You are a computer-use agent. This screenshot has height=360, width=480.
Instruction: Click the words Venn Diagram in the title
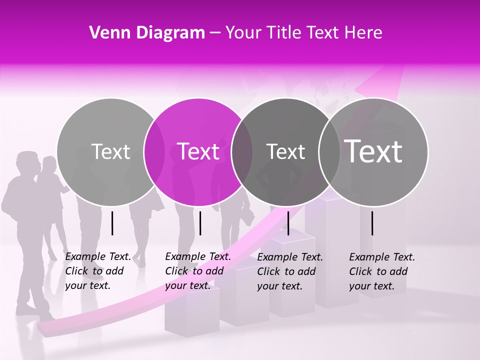coord(147,33)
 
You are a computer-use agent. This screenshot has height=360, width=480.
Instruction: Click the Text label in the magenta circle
coord(198,151)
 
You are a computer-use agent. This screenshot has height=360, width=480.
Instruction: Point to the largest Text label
coord(373,151)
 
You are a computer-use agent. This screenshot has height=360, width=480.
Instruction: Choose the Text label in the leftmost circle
coord(110,151)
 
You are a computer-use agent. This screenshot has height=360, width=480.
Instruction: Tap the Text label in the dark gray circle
coord(285,151)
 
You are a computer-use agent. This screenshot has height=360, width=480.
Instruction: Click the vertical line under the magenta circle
coord(200,223)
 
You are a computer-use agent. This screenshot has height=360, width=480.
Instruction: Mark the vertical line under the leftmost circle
coord(112,223)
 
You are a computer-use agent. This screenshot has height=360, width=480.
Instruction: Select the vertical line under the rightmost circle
coord(372,223)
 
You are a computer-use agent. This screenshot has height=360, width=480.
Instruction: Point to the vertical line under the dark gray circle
coord(288,223)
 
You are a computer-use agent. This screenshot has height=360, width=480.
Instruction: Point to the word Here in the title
coord(364,33)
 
